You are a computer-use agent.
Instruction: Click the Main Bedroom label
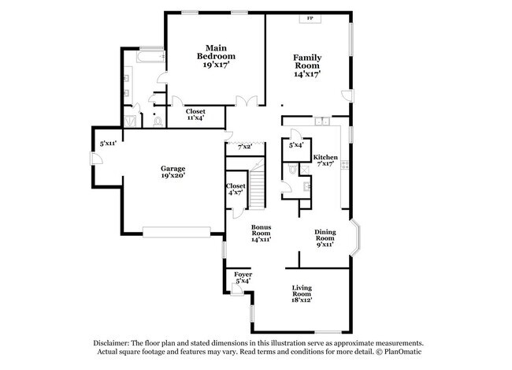click(x=216, y=57)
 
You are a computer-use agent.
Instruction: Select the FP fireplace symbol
click(x=310, y=17)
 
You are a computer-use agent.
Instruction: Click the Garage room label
click(x=173, y=172)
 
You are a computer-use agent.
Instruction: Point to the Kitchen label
click(x=325, y=161)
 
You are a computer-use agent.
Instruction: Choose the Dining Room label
click(x=325, y=238)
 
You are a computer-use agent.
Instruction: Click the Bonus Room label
click(x=261, y=233)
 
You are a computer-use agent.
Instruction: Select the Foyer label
click(x=243, y=277)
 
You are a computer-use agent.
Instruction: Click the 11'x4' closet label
click(x=195, y=115)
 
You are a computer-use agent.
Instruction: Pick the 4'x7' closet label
click(x=236, y=189)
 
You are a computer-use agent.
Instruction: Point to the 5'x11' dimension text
click(x=108, y=144)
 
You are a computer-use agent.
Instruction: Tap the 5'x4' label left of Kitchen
click(x=296, y=145)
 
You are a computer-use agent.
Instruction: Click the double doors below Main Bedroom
click(x=249, y=102)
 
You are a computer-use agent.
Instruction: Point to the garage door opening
click(x=177, y=231)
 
